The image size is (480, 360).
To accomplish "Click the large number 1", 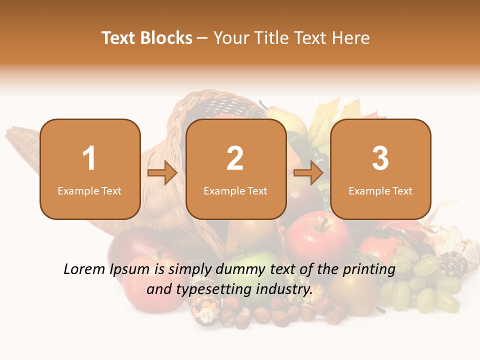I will [x=89, y=158].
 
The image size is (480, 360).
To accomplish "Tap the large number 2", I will [x=235, y=158].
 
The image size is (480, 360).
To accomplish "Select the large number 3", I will [x=380, y=158].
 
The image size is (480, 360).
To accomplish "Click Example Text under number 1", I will [x=89, y=191].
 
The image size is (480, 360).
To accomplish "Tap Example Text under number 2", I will [x=235, y=191].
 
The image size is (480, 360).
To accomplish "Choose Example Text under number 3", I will [x=380, y=191].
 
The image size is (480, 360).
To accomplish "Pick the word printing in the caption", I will [x=369, y=269].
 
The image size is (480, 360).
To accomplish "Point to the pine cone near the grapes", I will [x=452, y=264].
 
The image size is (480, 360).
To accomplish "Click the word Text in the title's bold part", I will [x=118, y=38].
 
